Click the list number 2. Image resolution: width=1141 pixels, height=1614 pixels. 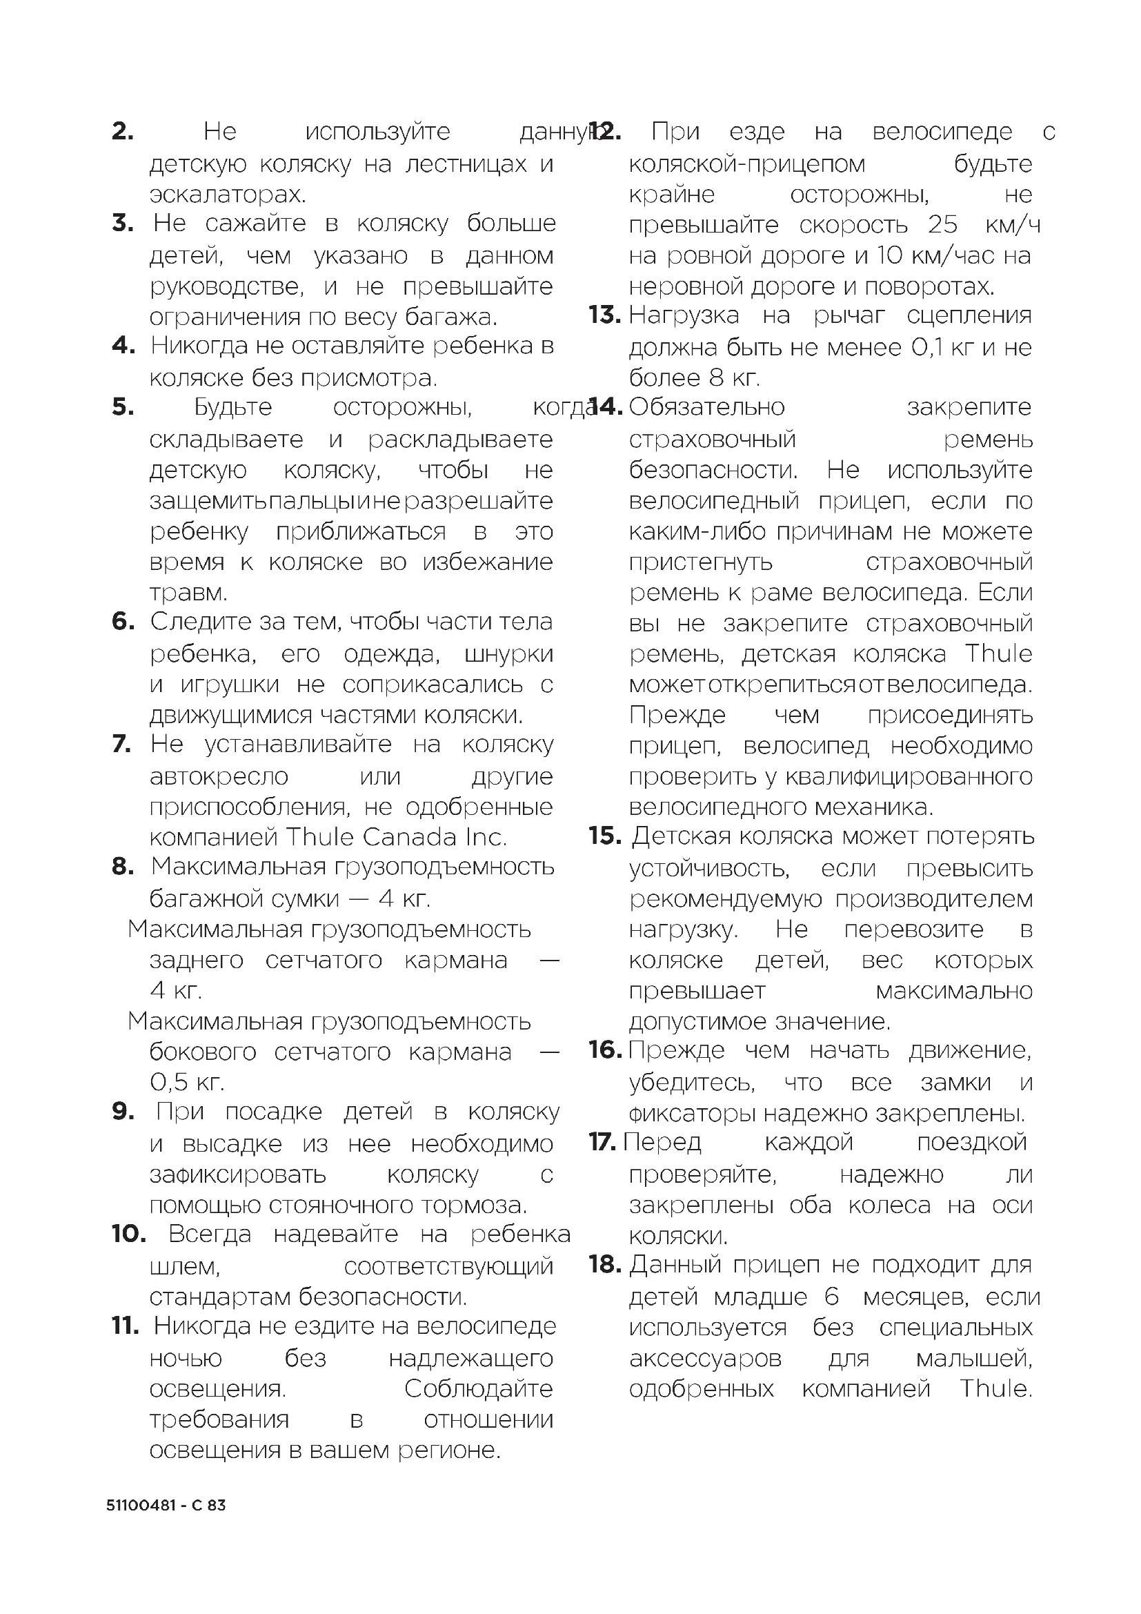tap(122, 132)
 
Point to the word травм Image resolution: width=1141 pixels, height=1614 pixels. tap(188, 593)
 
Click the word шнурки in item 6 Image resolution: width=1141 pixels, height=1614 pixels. tap(508, 653)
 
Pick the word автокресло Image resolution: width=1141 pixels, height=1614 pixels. tap(219, 776)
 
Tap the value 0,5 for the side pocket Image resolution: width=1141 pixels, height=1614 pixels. tap(169, 1082)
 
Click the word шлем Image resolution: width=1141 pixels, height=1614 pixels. tap(185, 1267)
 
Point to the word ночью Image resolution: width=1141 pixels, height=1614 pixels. tap(186, 1359)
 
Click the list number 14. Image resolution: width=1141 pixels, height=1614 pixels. tap(606, 407)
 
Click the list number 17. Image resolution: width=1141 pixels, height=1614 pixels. tap(602, 1142)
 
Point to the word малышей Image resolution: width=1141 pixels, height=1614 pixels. tap(974, 1359)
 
